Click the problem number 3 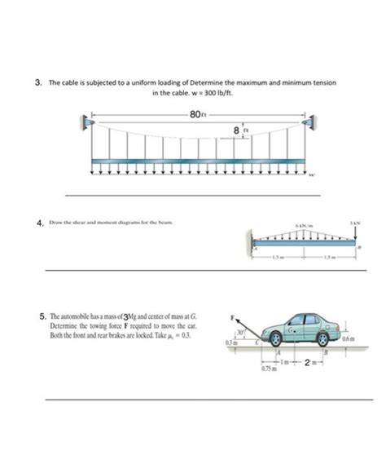tap(37, 82)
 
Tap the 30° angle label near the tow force tap(241, 331)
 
